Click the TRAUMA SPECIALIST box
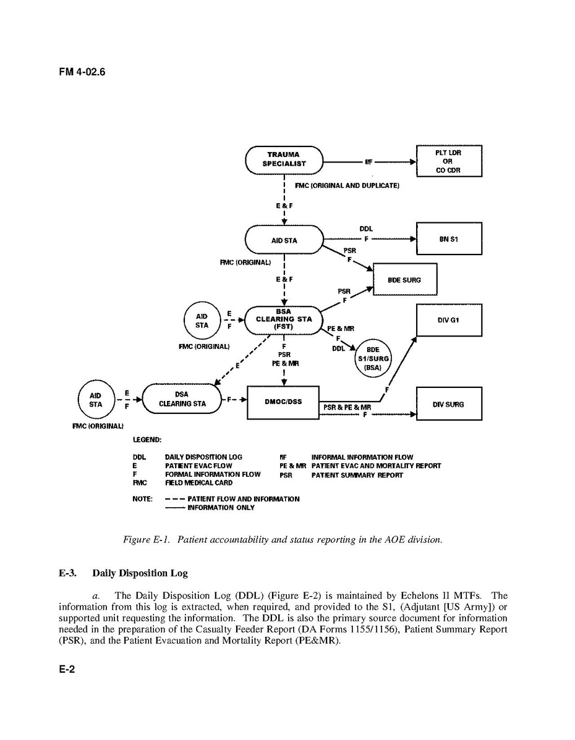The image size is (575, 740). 284,161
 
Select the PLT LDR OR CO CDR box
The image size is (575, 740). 448,161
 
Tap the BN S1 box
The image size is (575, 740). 448,238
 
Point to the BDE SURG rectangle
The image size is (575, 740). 404,279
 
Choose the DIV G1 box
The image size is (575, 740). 448,319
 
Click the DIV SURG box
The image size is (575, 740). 448,405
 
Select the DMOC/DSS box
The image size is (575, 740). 283,402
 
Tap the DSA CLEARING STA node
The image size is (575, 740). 182,399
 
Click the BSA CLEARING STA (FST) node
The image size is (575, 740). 284,319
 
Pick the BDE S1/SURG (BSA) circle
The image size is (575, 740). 373,357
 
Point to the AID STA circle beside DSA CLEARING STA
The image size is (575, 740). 96,400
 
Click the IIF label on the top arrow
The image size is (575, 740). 368,162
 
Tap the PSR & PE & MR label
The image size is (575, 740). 347,408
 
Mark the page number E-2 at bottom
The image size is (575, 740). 67,670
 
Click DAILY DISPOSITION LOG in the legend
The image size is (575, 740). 203,457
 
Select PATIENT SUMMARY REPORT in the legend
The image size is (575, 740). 357,475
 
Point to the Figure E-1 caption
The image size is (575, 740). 283,539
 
